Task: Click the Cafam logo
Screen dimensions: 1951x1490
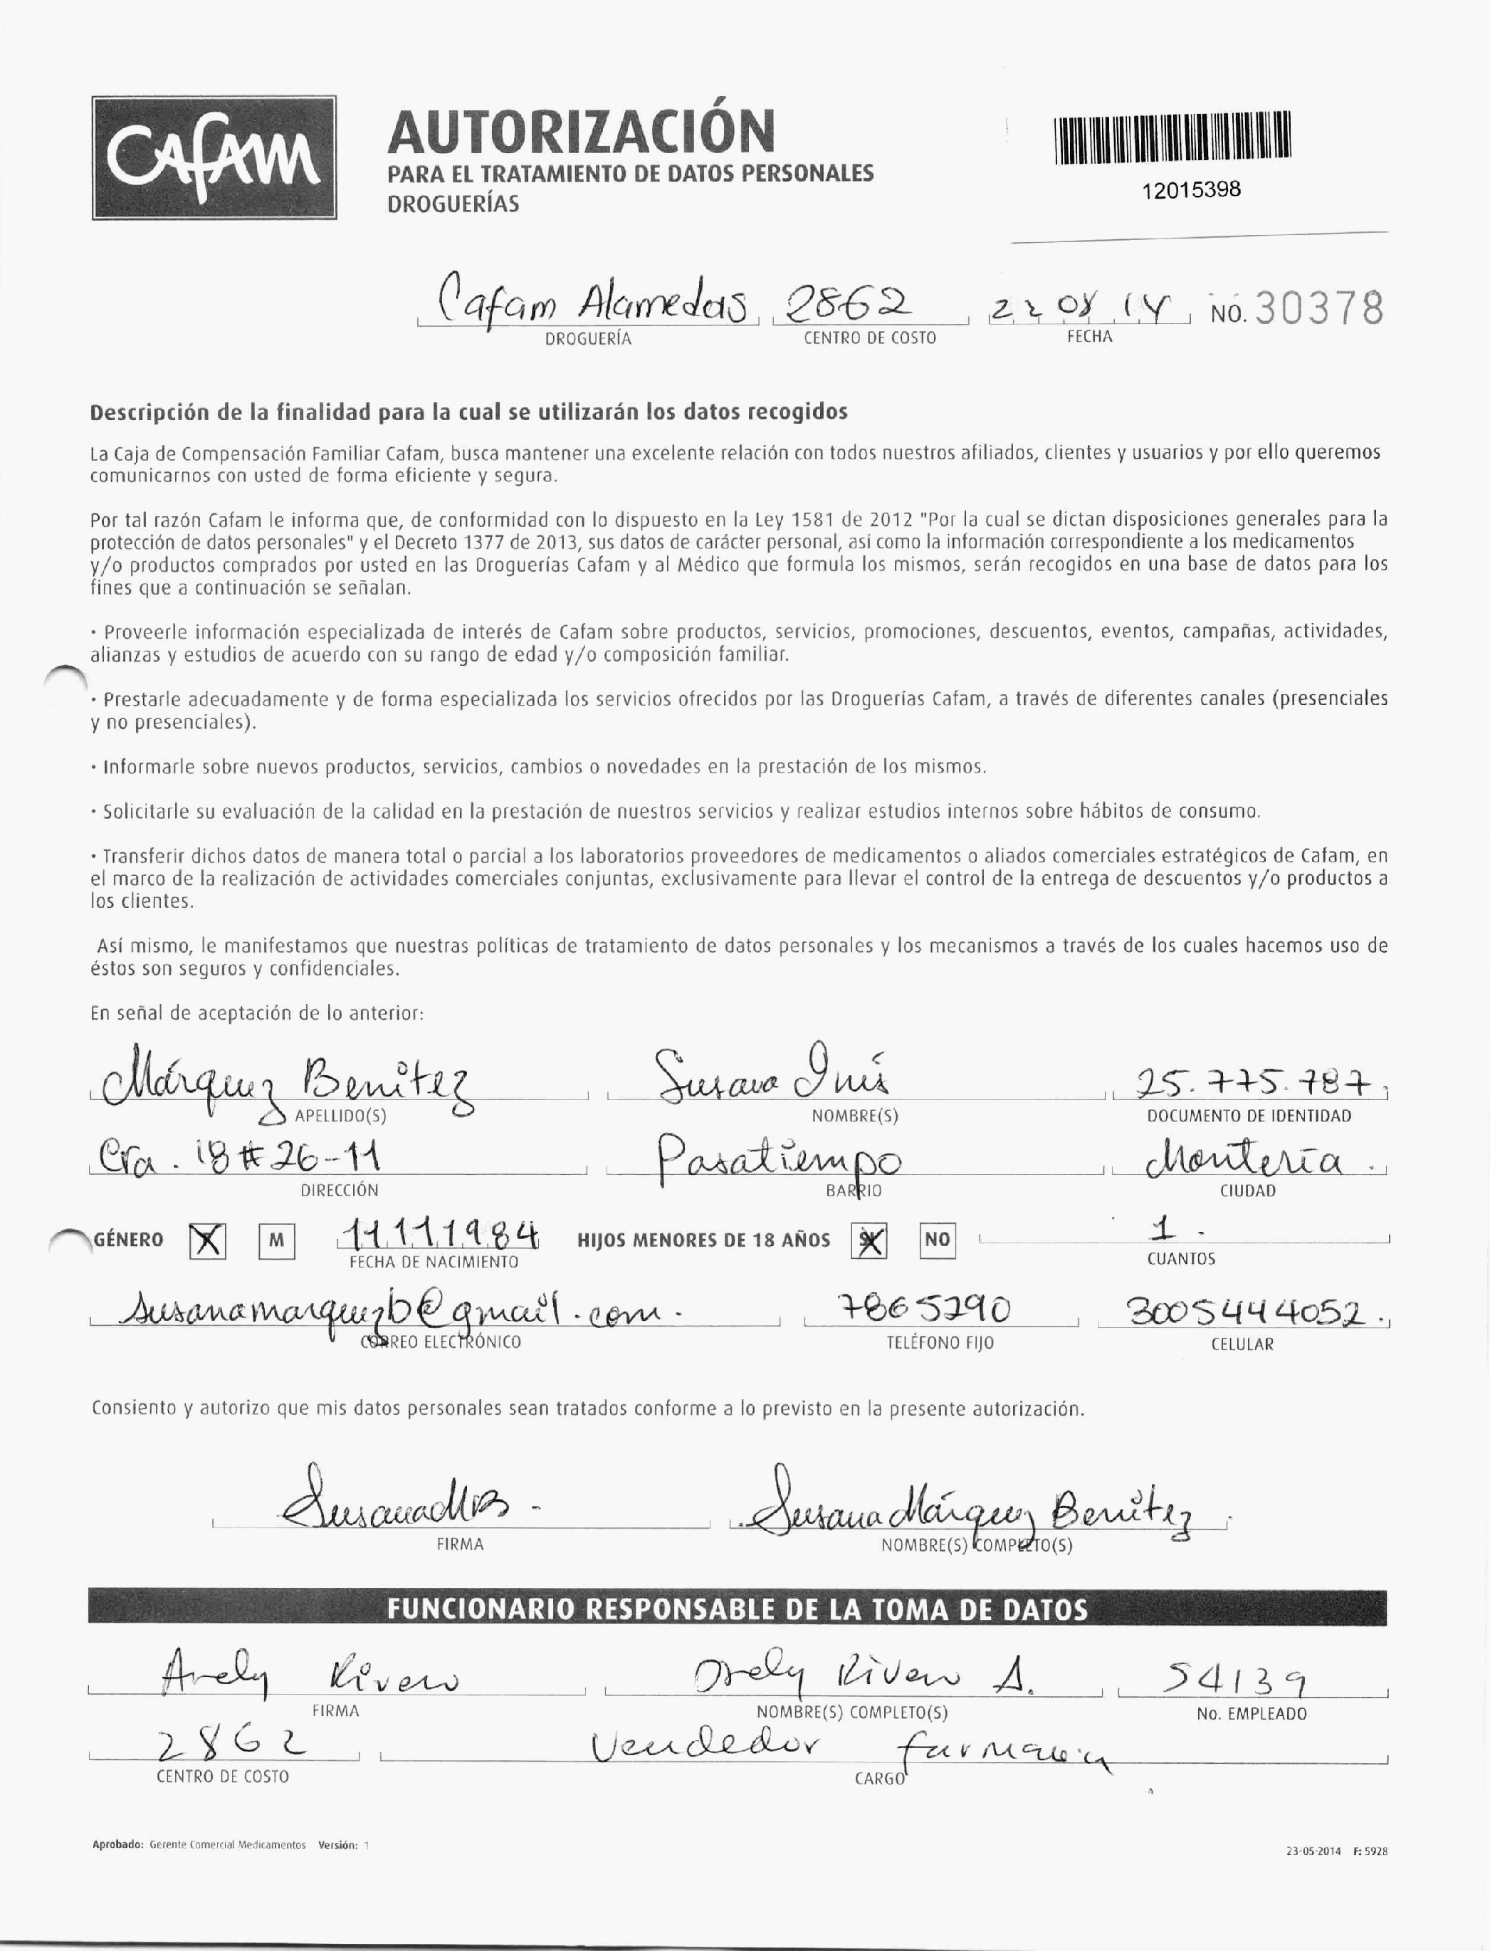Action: click(x=214, y=157)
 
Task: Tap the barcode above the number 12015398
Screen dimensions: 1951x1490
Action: click(x=1172, y=137)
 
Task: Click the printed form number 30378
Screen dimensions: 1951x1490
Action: click(x=1319, y=309)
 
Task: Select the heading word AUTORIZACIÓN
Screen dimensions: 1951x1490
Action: click(x=581, y=131)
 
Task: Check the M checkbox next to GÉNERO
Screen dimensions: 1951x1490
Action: click(x=277, y=1240)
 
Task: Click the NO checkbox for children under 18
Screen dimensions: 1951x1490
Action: click(x=937, y=1240)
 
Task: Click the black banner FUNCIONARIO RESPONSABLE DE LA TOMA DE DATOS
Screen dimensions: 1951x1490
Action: click(x=736, y=1609)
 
